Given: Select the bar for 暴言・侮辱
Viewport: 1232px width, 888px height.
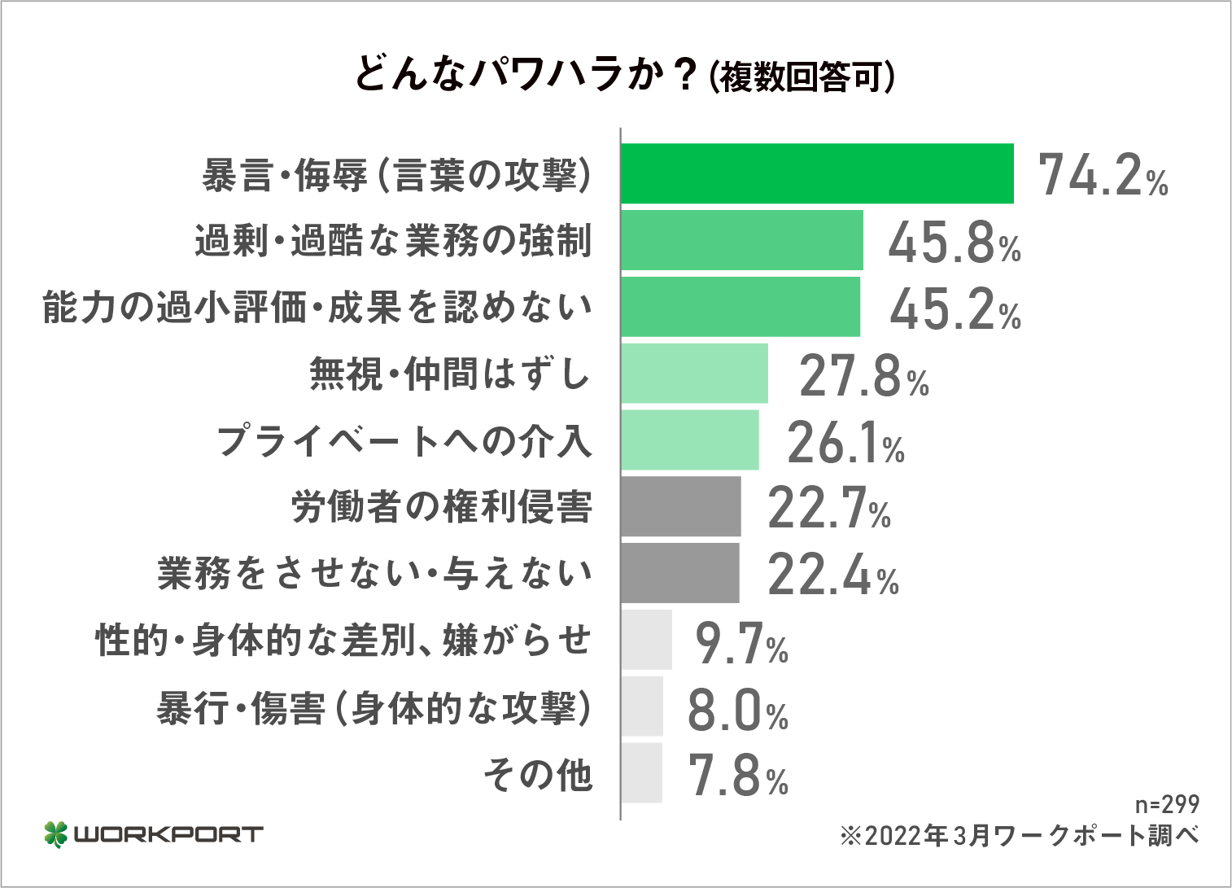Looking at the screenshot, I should (x=817, y=173).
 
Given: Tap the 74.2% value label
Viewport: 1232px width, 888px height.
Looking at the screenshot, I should (x=1103, y=176).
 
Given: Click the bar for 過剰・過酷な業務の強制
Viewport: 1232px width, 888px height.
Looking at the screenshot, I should (x=741, y=240).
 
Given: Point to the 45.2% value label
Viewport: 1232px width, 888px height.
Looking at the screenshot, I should (x=955, y=309).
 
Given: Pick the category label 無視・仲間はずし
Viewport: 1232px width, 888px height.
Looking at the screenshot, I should (x=450, y=374).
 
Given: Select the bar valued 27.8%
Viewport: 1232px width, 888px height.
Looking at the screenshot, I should (x=694, y=374).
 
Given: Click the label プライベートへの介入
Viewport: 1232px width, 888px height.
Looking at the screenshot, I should (x=404, y=441).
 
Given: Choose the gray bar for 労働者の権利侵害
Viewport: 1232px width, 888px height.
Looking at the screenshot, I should (x=681, y=506).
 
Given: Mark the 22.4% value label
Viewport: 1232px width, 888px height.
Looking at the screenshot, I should (x=832, y=576).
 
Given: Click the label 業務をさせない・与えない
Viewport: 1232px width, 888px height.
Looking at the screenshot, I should (x=375, y=574).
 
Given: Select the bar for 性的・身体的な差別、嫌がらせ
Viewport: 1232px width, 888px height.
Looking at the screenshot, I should (x=647, y=640).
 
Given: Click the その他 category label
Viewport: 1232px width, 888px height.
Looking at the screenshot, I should (x=538, y=774).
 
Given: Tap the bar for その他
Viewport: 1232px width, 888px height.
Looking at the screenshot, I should (x=641, y=773).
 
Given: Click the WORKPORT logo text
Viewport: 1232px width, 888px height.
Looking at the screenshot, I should (x=168, y=834).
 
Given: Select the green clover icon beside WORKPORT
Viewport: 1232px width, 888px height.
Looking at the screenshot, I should (x=55, y=834).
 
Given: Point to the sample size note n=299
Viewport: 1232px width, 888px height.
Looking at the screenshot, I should (x=1167, y=804).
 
